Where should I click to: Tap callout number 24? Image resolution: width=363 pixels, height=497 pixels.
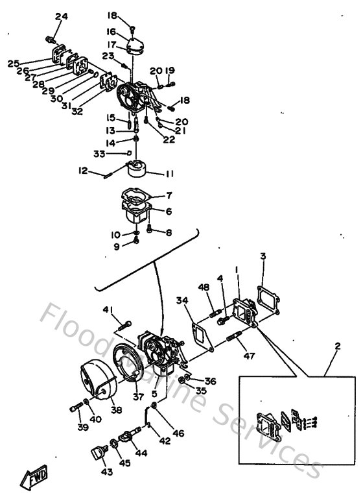61,16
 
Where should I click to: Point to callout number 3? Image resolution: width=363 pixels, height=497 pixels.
263,256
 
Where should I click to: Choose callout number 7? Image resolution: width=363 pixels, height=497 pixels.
169,195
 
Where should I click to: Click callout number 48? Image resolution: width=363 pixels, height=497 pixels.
204,287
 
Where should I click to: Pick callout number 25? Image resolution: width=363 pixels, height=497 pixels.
13,63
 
